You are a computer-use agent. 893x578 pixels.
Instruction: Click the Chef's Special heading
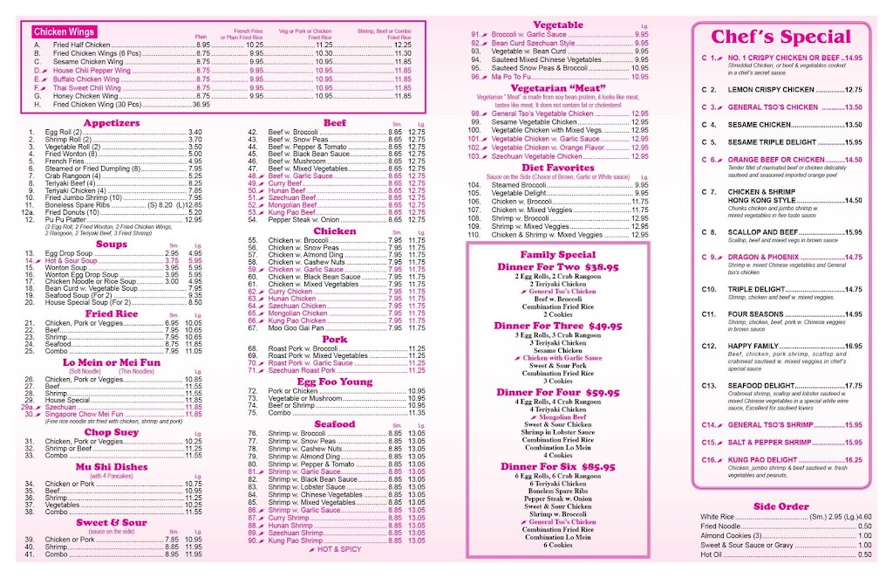tap(781, 37)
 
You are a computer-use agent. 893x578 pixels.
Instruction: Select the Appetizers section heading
tap(112, 123)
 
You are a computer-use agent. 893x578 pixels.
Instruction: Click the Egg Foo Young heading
tap(334, 382)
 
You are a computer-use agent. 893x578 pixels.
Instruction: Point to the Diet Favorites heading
tap(557, 168)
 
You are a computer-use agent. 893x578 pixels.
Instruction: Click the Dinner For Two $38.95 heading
tap(559, 266)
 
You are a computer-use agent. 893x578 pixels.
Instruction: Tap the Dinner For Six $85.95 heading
tap(559, 466)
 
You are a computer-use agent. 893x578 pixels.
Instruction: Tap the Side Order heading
tap(781, 506)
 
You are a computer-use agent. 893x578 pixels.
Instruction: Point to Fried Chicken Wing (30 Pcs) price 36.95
tap(201, 104)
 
